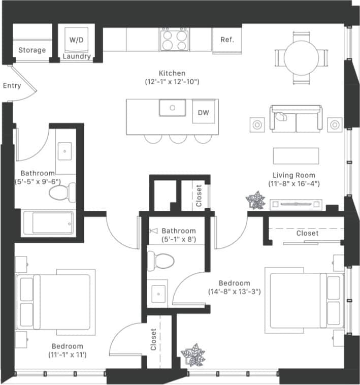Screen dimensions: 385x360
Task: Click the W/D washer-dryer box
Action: click(76, 39)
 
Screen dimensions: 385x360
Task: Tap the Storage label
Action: click(32, 50)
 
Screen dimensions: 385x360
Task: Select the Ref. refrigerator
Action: click(226, 39)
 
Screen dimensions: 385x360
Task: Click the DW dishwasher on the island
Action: click(203, 112)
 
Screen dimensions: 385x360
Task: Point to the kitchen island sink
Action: click(173, 108)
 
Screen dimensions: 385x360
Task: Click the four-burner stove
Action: click(174, 39)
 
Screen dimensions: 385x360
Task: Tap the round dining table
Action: click(301, 57)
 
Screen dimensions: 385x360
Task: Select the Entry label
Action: click(12, 86)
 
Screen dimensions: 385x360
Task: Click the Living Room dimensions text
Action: click(293, 184)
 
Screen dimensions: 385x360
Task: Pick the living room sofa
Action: click(296, 119)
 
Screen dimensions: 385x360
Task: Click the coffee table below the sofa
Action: click(296, 155)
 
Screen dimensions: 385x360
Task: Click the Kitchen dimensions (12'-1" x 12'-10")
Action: click(172, 81)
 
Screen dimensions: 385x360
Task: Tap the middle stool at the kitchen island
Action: click(178, 138)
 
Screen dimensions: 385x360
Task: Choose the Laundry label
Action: click(76, 57)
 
